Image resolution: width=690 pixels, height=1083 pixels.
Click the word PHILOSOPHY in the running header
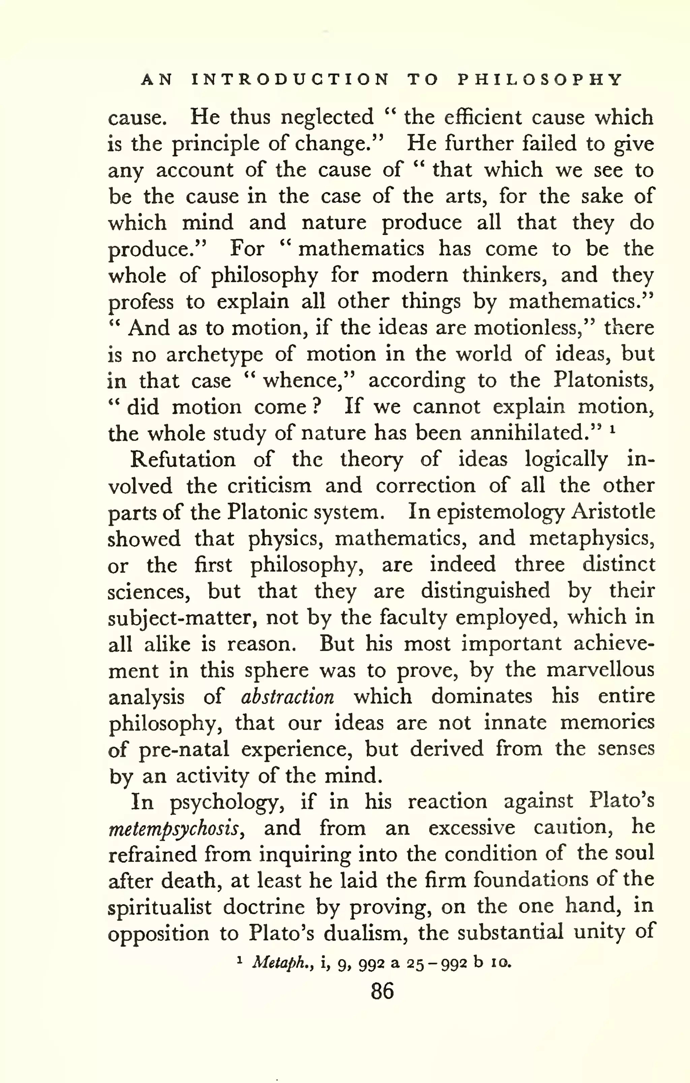pos(540,80)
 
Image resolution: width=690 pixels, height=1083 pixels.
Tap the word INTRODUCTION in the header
pos(290,80)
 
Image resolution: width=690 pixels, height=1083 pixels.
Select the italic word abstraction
pos(287,697)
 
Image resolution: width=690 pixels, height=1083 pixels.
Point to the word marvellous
pos(600,670)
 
